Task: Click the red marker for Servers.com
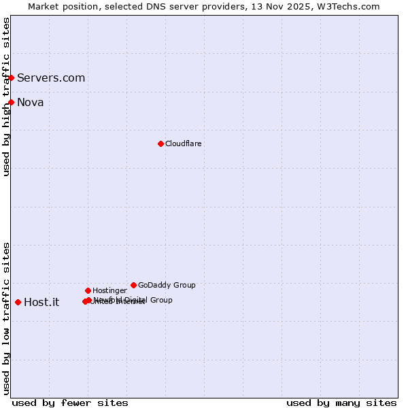click(12, 78)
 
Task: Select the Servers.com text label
click(51, 78)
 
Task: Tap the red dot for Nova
click(12, 102)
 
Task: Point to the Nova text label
click(31, 103)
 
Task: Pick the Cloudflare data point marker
click(160, 143)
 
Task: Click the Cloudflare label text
click(184, 144)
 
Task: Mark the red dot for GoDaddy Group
click(133, 285)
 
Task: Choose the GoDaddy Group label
click(167, 286)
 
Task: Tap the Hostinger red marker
click(88, 290)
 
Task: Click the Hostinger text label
click(109, 291)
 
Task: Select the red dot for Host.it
click(18, 302)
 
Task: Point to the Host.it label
click(41, 303)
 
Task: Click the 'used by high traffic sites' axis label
click(6, 97)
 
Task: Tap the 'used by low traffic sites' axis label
click(6, 318)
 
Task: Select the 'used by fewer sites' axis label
click(70, 403)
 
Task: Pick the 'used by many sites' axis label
click(341, 403)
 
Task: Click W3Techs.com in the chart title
click(347, 6)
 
